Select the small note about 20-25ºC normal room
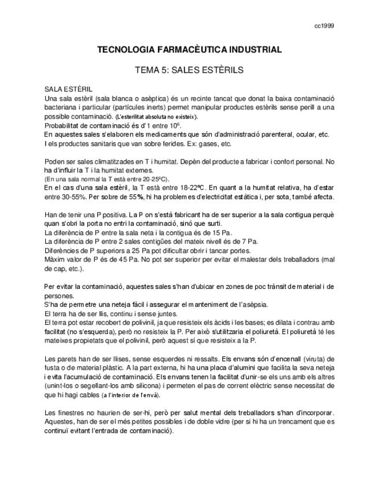106,179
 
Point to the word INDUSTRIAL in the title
255,50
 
